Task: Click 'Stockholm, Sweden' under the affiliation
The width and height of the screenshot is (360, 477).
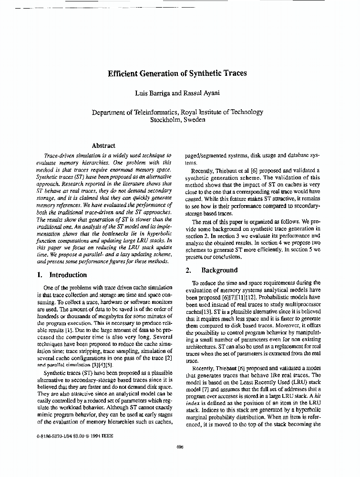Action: click(x=177, y=120)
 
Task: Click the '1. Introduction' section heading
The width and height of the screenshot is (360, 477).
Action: click(x=62, y=275)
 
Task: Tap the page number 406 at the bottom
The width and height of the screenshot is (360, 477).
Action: click(x=180, y=447)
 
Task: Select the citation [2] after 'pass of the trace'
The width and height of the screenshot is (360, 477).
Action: click(x=168, y=358)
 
